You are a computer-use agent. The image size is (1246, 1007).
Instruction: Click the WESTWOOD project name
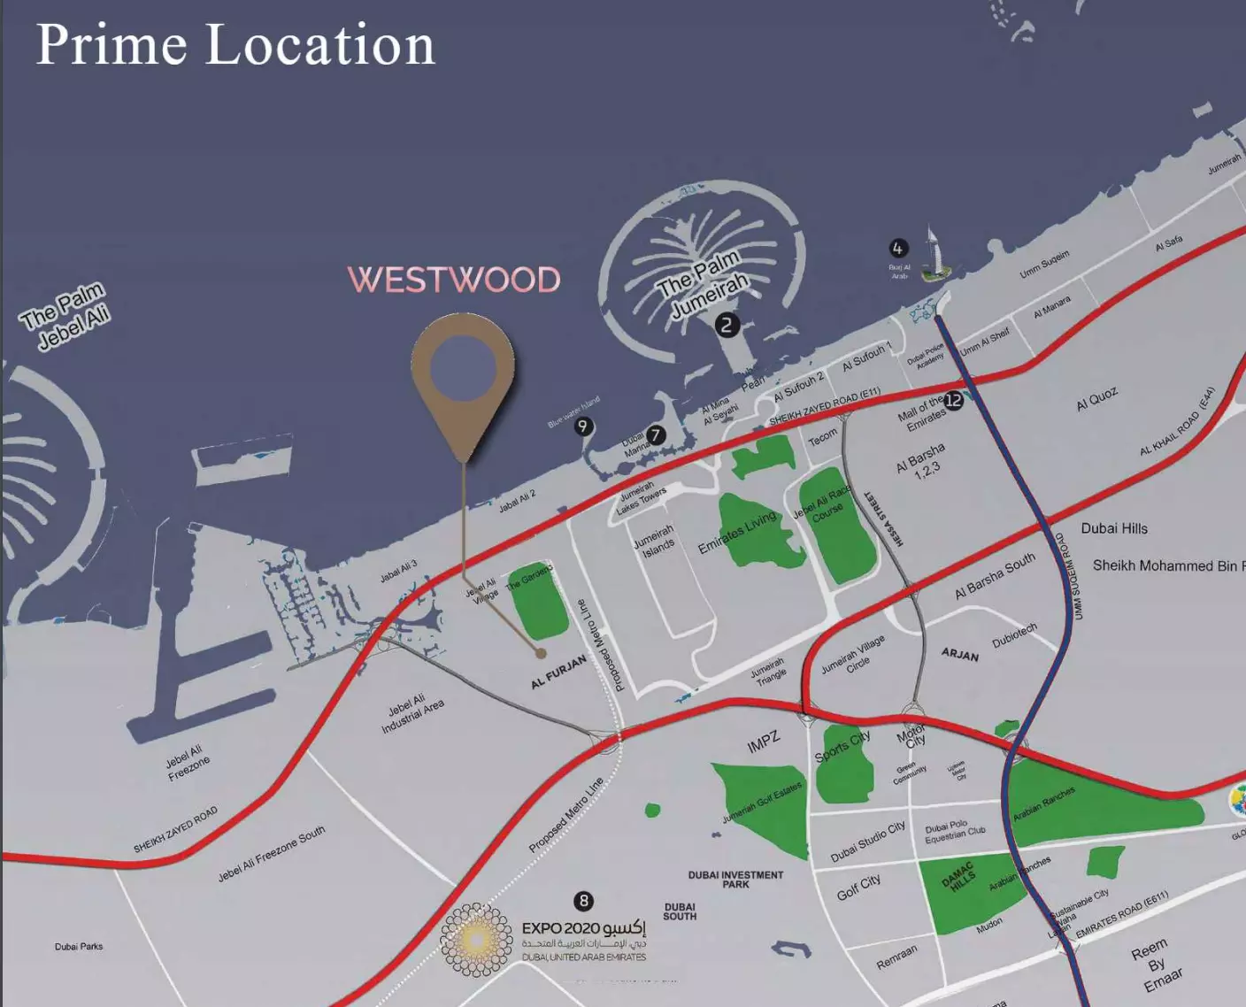454,280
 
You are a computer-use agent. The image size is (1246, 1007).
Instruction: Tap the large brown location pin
463,373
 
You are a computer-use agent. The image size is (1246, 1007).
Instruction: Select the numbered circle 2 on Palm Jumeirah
727,325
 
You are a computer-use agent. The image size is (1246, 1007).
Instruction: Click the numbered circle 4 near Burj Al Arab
897,249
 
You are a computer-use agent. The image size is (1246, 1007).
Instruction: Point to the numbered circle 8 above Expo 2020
583,901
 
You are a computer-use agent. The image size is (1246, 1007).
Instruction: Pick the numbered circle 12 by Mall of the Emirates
953,400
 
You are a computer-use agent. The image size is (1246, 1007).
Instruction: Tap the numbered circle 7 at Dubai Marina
655,434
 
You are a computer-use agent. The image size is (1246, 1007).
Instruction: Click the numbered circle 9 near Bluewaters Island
582,427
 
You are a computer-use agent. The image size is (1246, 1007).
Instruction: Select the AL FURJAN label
558,672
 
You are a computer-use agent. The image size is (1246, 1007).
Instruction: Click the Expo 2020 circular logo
476,940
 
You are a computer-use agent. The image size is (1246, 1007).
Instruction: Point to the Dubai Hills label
1114,528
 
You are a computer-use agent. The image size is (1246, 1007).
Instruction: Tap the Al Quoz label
1096,400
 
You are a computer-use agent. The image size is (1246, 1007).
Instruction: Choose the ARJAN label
960,654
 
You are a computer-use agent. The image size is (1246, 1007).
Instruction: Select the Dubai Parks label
79,947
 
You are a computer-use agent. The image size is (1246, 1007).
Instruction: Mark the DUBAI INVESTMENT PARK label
735,879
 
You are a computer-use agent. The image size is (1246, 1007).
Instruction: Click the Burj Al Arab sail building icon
931,254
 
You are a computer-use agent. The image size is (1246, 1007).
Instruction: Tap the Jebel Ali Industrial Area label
411,713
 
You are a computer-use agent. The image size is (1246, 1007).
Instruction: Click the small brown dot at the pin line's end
541,654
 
